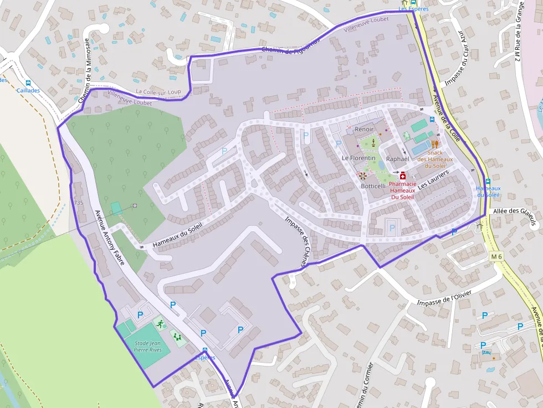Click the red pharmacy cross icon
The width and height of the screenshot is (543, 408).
click(402, 175)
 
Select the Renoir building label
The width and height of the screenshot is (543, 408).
click(364, 129)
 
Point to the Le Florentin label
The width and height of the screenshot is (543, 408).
click(358, 158)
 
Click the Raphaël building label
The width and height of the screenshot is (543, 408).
click(397, 159)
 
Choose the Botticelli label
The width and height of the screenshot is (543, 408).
click(373, 186)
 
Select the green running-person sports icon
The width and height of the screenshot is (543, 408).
click(161, 324)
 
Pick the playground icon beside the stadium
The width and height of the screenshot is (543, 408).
click(177, 335)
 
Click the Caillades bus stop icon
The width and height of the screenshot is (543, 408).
click(28, 82)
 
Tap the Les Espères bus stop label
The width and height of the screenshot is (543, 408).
click(413, 9)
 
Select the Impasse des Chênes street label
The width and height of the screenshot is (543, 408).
click(297, 242)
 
